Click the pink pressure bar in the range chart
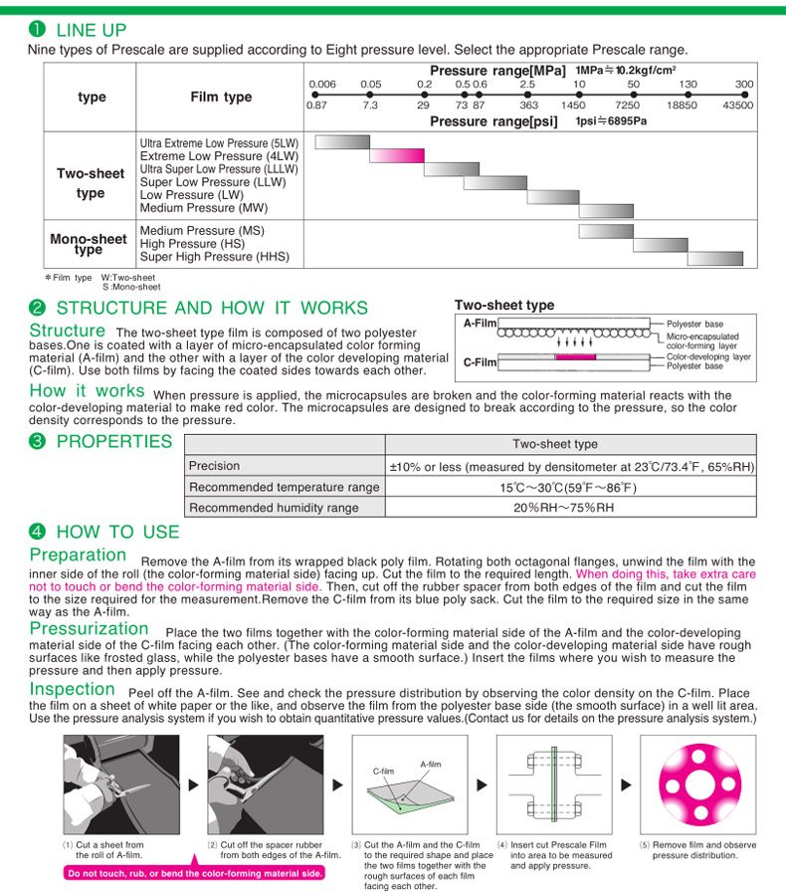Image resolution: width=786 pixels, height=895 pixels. point(397,155)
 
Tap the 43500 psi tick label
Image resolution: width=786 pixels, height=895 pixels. point(737,105)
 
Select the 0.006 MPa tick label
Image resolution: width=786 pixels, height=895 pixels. point(322,84)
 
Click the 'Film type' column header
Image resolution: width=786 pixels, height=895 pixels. point(221,97)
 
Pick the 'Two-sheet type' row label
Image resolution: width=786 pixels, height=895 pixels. point(91,183)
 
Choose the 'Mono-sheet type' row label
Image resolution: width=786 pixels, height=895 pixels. point(90,244)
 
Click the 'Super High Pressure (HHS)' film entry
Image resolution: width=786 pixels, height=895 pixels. point(215,257)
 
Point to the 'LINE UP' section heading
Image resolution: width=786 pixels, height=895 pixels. point(91,30)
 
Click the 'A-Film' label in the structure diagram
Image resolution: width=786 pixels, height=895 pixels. point(480,324)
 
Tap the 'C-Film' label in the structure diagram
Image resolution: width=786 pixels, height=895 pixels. point(480,362)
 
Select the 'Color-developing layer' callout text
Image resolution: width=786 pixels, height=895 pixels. point(708,356)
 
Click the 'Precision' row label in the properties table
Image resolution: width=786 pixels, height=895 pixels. point(214,466)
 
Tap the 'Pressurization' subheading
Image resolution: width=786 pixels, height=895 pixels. point(90,629)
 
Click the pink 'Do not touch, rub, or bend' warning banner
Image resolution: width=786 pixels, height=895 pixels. point(194,873)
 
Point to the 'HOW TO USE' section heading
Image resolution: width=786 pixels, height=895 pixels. point(117,532)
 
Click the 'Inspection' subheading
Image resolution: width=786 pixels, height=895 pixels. point(73,689)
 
